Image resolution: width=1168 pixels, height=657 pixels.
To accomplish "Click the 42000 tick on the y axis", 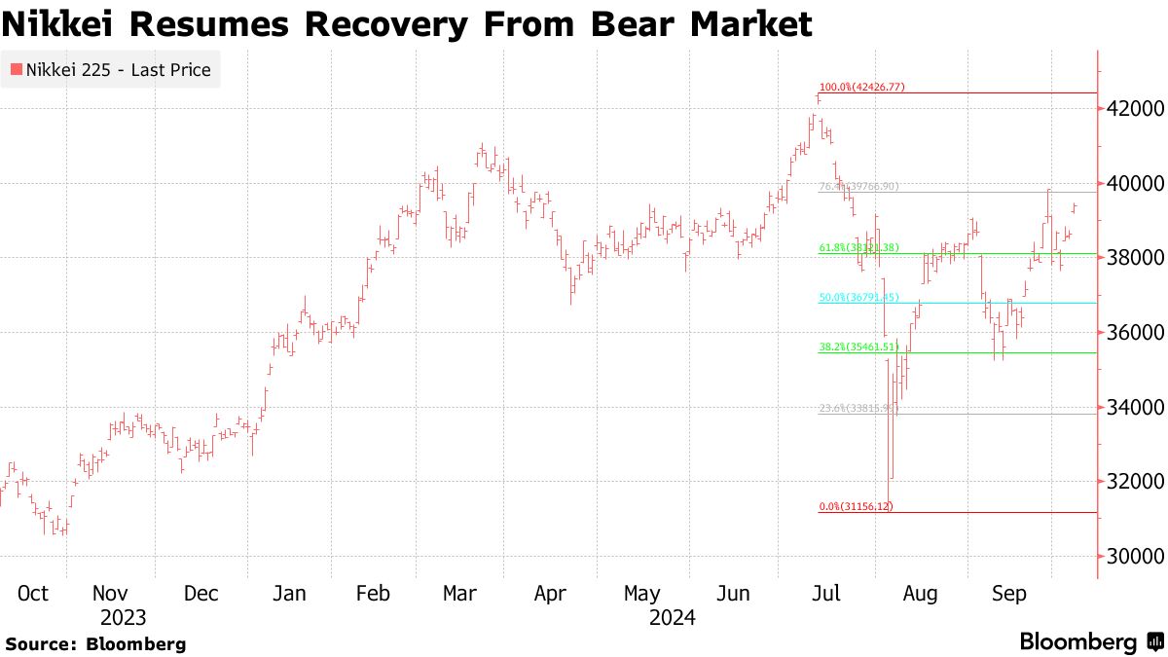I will tap(1129, 108).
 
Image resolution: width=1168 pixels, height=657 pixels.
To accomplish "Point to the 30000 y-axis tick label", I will tap(1129, 556).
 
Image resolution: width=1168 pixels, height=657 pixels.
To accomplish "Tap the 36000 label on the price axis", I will tap(1129, 332).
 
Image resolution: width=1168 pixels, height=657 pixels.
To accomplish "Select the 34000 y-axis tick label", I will tap(1129, 407).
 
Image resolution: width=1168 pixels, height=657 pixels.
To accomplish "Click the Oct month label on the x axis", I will tap(33, 594).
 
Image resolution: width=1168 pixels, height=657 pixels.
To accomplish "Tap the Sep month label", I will tap(1008, 594).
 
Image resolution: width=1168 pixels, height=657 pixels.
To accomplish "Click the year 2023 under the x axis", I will tap(123, 618).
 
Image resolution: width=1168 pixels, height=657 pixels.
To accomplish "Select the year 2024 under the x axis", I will tap(672, 618).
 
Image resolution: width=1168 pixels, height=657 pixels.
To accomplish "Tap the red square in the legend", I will tap(16, 70).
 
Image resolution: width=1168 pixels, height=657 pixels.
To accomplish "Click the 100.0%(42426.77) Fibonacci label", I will tap(861, 87).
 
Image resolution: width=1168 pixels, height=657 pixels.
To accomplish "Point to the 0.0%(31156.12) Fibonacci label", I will tap(856, 506).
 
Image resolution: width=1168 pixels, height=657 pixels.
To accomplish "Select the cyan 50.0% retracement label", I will tap(858, 297).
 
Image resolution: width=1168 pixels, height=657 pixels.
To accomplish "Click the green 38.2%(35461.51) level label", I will tap(858, 346).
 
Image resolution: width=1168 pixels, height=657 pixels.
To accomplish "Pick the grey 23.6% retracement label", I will tap(857, 409).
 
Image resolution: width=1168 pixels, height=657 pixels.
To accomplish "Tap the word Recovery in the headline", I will tap(374, 23).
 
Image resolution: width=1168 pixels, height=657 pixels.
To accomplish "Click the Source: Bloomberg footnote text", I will tap(95, 643).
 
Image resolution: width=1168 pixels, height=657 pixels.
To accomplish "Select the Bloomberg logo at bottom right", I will tap(1090, 642).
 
